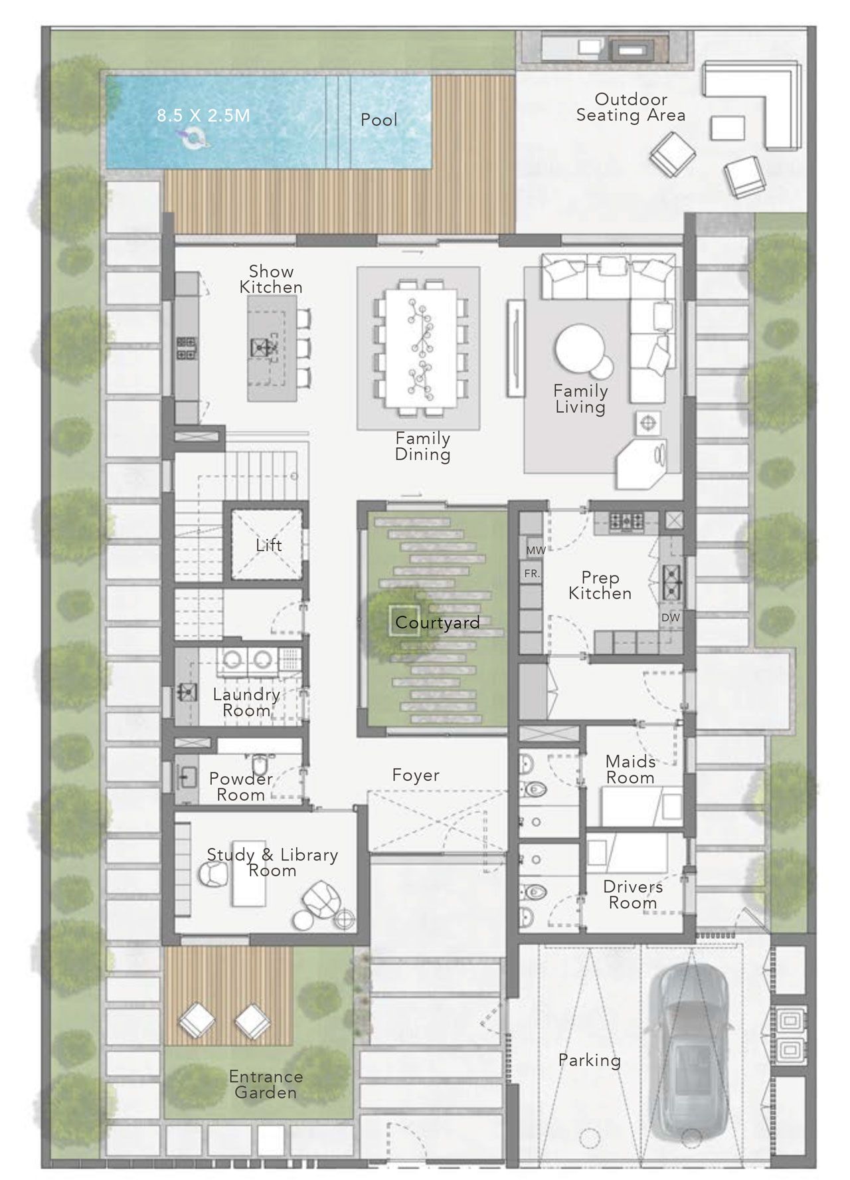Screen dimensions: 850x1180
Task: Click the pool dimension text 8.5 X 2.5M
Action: coord(203,116)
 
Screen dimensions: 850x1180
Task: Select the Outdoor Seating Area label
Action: coord(631,107)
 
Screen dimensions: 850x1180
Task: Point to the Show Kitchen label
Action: coord(271,279)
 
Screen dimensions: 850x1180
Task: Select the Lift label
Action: coord(269,545)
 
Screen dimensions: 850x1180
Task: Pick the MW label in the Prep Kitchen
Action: coord(536,551)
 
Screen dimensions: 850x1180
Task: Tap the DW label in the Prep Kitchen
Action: coord(671,617)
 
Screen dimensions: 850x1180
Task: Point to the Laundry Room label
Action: coord(246,702)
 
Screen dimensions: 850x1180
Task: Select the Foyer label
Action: coord(416,775)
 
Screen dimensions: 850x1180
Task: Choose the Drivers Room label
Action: coord(633,894)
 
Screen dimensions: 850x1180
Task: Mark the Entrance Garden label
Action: coord(266,1084)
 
